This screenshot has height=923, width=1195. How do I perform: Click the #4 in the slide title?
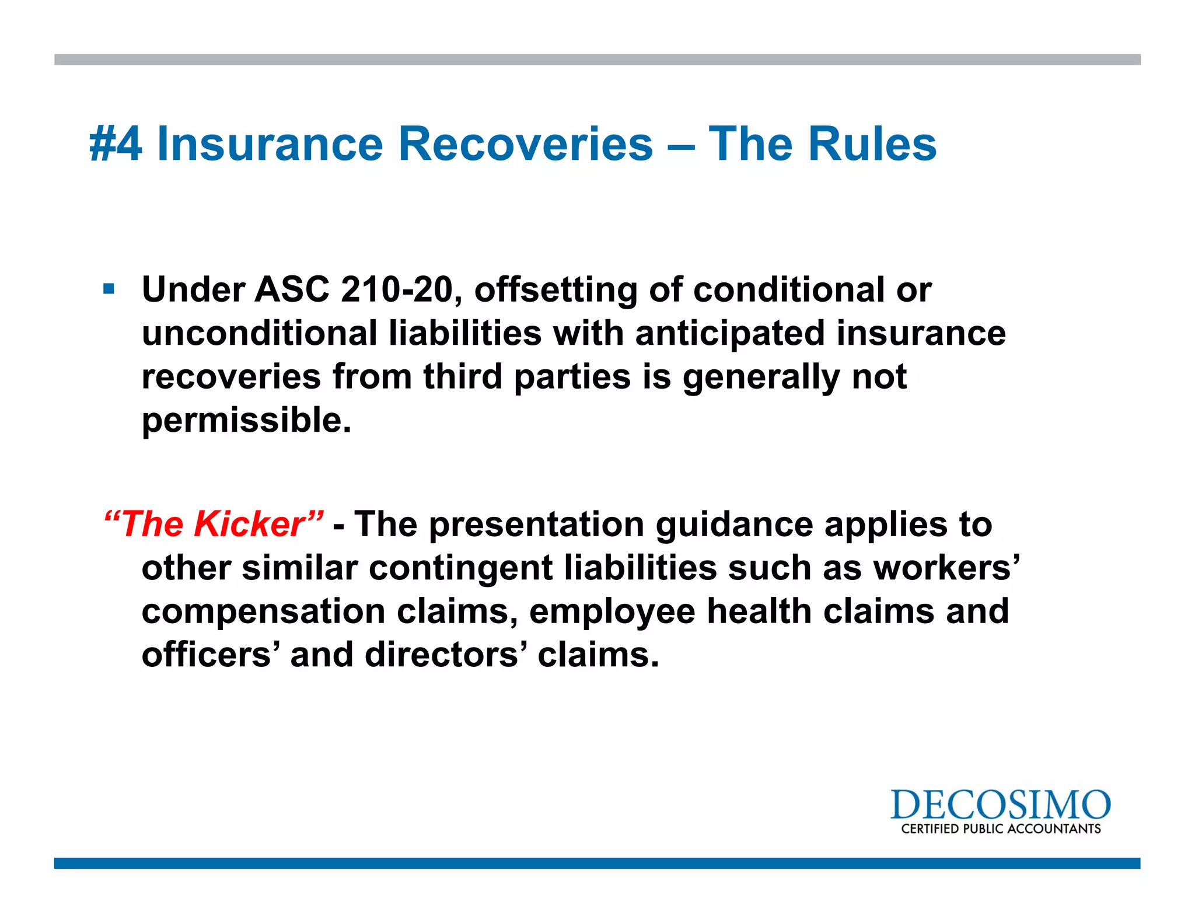(x=116, y=144)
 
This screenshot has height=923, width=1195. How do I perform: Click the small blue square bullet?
(x=109, y=289)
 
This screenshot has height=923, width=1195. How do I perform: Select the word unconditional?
(x=260, y=333)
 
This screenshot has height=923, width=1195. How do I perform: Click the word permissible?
(x=246, y=421)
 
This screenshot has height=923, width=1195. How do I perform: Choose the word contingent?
(x=460, y=568)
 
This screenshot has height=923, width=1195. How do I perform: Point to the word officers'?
(x=207, y=655)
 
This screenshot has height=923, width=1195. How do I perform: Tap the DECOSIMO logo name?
(x=1000, y=806)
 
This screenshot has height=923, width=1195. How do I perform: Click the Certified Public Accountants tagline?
(x=1001, y=829)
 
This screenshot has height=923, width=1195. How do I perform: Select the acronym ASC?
(x=292, y=290)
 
